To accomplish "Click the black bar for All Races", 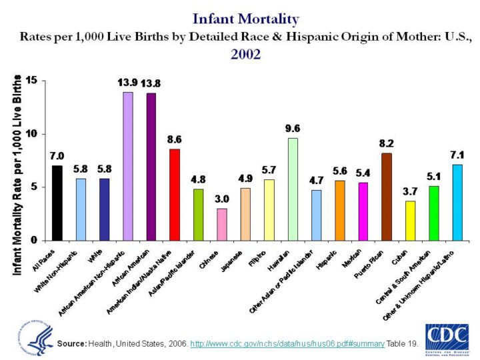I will point(57,203).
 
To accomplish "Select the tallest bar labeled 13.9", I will point(127,166).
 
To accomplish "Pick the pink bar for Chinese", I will point(222,224).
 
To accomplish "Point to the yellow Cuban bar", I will point(410,220).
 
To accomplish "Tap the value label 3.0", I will point(222,199).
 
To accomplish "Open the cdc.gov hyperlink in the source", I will point(287,343).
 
